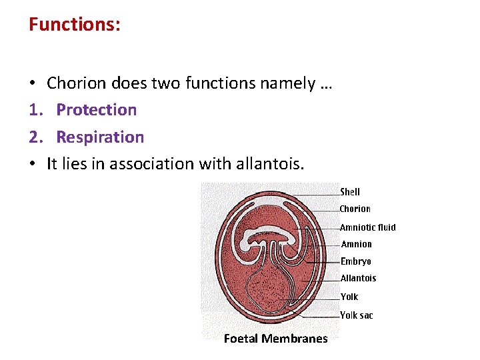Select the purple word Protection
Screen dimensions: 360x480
click(97, 110)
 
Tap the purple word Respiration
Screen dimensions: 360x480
click(100, 137)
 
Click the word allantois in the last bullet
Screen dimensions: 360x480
click(272, 164)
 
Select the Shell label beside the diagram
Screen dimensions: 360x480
click(350, 192)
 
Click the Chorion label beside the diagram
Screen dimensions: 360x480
click(355, 209)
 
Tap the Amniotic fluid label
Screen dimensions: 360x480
click(368, 227)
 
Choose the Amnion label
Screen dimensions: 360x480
click(357, 245)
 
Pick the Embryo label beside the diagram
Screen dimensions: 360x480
click(356, 262)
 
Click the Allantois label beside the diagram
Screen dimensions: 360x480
click(359, 279)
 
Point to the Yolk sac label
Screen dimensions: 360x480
click(357, 315)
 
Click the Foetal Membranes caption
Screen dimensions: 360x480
click(275, 339)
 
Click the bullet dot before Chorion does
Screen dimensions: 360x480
click(32, 84)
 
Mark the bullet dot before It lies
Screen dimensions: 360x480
click(32, 164)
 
